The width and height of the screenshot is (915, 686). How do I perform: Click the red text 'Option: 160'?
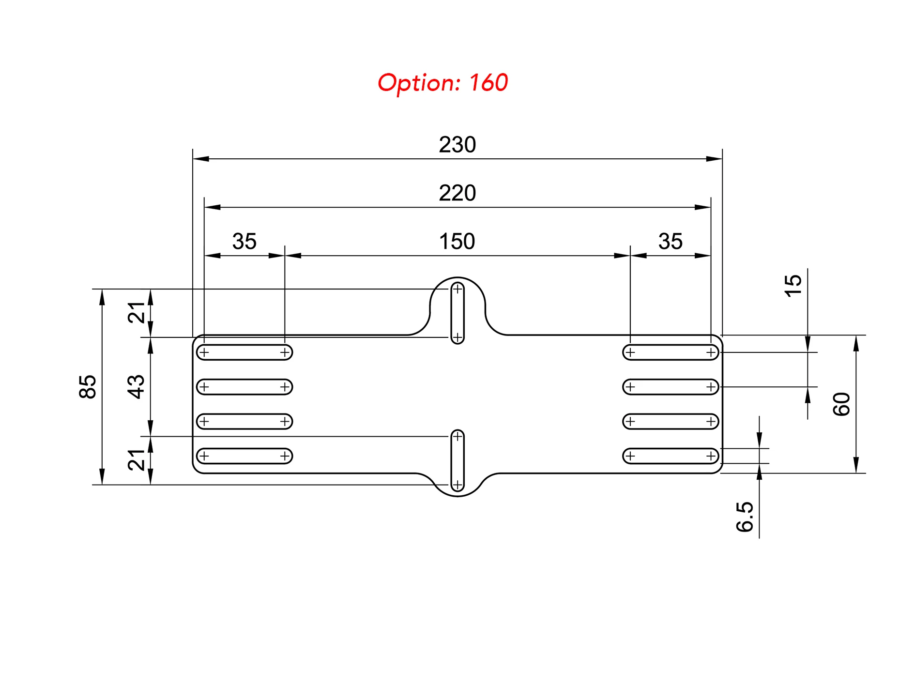tap(442, 83)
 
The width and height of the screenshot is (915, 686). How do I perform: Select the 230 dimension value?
tap(457, 145)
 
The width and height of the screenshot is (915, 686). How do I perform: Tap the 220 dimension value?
tap(457, 193)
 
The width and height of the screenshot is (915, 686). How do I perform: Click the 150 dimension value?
tap(457, 242)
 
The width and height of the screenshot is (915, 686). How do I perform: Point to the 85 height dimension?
tap(88, 387)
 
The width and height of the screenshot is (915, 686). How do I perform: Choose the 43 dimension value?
tap(136, 387)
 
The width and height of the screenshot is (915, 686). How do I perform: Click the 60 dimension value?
tap(841, 404)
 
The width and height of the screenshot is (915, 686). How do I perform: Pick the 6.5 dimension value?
tap(745, 517)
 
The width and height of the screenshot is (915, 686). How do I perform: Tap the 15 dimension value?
tap(793, 286)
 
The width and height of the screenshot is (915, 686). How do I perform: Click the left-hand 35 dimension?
tap(244, 242)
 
